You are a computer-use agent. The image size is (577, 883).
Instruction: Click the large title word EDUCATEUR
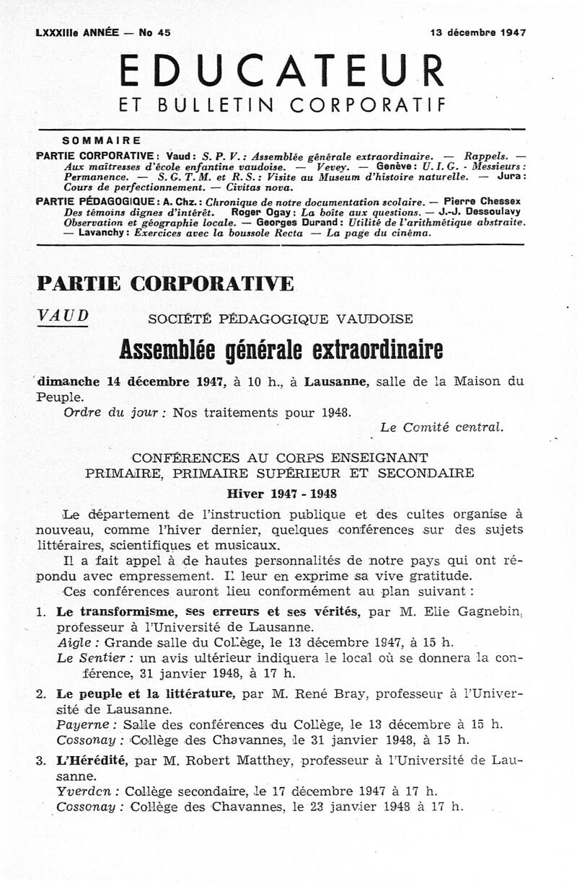[281, 71]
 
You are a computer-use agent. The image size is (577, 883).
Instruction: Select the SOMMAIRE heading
[102, 140]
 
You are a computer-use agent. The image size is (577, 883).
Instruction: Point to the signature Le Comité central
[441, 427]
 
